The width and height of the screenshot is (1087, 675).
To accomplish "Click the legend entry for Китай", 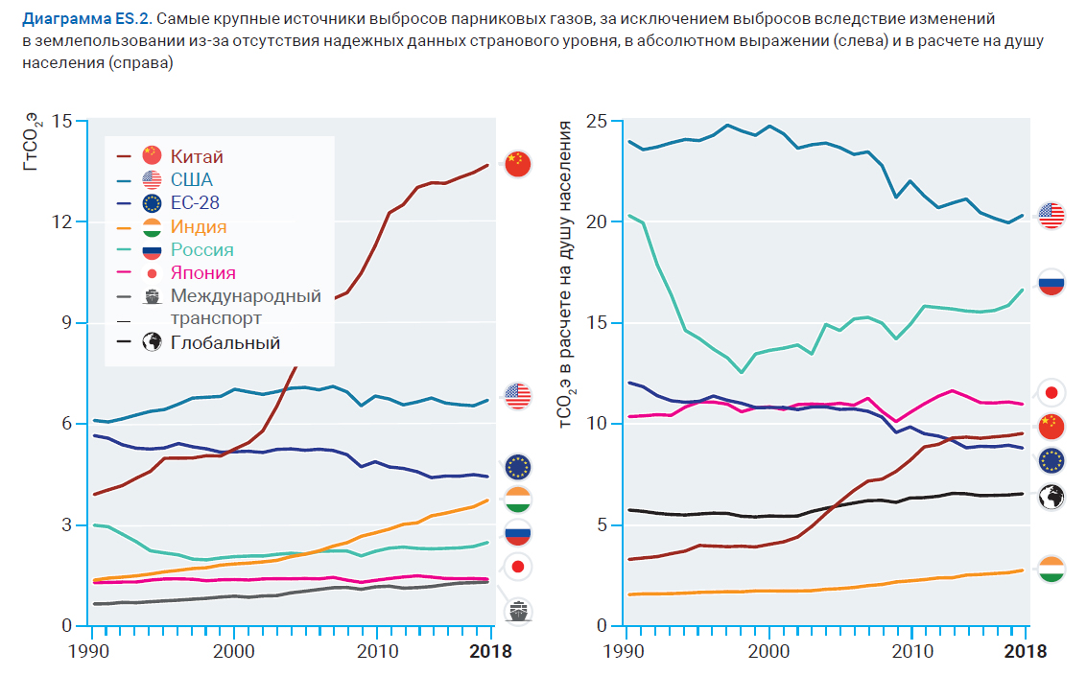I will click(x=197, y=156).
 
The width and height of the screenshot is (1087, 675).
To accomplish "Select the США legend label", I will click(x=192, y=179).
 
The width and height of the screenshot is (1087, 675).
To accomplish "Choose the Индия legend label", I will click(x=199, y=227).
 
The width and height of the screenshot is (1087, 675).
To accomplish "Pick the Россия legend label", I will click(x=202, y=250).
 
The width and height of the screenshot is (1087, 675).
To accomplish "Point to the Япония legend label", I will click(x=203, y=273).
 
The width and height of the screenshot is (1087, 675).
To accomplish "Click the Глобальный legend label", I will click(x=225, y=342).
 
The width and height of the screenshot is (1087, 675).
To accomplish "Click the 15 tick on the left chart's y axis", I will click(x=63, y=122).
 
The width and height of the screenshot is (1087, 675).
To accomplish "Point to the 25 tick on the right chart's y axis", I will click(x=597, y=122).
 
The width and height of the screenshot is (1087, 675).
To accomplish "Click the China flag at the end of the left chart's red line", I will click(x=518, y=164).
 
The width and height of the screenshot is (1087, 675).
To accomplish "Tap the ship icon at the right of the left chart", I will click(x=519, y=611).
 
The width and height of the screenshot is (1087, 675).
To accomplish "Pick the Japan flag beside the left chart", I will click(x=518, y=567).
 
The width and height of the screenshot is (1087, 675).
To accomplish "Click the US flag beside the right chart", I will click(x=1052, y=216).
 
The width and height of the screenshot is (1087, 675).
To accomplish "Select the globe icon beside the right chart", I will click(x=1052, y=497).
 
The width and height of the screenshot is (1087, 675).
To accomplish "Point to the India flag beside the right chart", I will click(x=1052, y=570).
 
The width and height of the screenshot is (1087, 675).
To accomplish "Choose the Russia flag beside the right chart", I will click(x=1052, y=283).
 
